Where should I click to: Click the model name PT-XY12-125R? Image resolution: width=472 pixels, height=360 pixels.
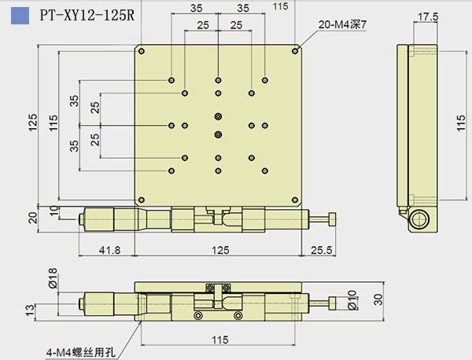click(x=87, y=13)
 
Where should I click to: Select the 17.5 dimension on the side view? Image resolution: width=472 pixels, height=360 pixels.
click(x=428, y=16)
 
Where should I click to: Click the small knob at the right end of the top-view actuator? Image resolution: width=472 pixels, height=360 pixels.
click(x=334, y=218)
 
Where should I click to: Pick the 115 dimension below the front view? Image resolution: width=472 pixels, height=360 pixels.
click(x=219, y=340)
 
